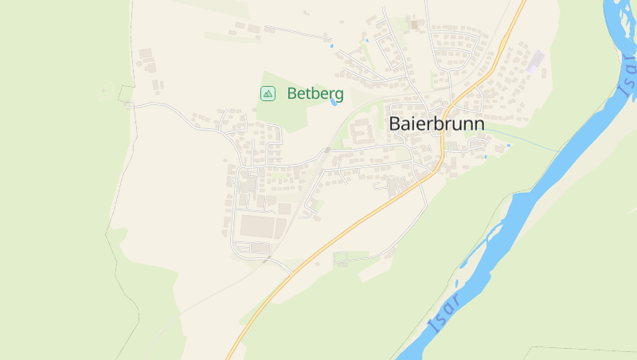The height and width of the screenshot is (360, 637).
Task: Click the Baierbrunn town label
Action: click(x=436, y=124)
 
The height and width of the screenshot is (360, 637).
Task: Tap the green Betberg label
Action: click(x=315, y=94)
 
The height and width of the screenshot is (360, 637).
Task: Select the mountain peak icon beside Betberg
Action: click(x=268, y=94)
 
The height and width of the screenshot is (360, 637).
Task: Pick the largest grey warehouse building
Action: click(x=256, y=227)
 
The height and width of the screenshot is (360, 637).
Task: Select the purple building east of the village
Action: click(x=536, y=58)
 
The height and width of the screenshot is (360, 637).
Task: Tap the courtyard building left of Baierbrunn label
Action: click(x=361, y=131)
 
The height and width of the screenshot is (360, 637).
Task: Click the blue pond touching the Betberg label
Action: click(x=334, y=102)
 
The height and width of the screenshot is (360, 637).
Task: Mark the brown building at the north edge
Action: click(x=413, y=25)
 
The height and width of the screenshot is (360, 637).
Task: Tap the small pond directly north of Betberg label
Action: click(x=331, y=46)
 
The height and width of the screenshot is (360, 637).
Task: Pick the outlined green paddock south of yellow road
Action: click(x=351, y=257)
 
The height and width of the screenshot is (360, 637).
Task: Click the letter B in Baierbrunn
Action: click(x=396, y=124)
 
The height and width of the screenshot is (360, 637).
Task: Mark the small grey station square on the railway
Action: click(x=327, y=150)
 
